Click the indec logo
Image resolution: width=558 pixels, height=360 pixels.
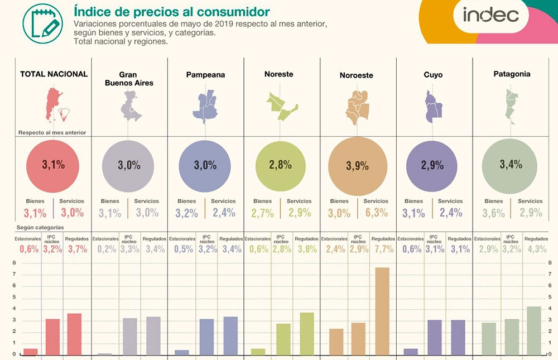(x=490, y=15)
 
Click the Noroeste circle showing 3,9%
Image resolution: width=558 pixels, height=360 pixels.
(x=358, y=166)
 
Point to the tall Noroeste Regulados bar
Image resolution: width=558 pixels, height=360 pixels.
(x=382, y=311)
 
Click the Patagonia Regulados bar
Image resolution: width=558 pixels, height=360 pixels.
(x=533, y=330)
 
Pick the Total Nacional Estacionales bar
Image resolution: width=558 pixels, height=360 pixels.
(x=31, y=352)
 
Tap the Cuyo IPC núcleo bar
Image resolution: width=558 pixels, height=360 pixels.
(x=435, y=337)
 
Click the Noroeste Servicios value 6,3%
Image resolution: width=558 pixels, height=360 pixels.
(x=376, y=213)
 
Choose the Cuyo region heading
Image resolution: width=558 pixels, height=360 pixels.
(x=434, y=74)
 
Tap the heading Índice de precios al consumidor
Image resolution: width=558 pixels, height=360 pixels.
(x=172, y=11)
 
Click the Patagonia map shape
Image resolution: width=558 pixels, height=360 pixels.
(x=509, y=106)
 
